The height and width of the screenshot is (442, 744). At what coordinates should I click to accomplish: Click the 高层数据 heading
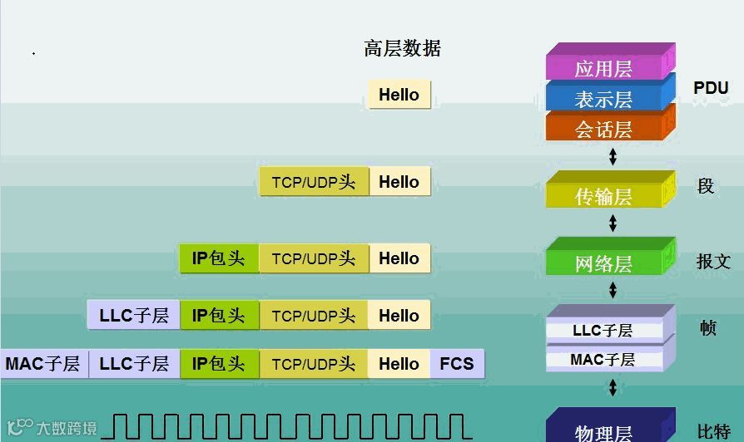point(402,49)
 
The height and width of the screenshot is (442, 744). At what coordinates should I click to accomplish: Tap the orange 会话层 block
point(603,130)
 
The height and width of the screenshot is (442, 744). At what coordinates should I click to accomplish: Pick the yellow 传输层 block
point(603,196)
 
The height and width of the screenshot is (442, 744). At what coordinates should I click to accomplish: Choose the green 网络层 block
point(603,263)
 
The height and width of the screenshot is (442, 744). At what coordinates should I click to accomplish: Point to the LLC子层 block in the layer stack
point(603,330)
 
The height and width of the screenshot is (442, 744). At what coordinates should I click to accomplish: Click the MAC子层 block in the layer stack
point(603,360)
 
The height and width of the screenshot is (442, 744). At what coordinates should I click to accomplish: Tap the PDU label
point(711,88)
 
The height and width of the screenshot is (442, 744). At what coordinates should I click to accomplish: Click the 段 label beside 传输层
point(706,186)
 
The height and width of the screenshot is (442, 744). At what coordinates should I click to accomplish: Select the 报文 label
point(713,262)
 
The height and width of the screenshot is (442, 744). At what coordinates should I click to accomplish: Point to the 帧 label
point(707,328)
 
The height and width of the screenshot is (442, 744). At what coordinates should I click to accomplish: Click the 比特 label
point(713,431)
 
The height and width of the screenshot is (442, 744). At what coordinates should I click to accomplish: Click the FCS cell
point(457,364)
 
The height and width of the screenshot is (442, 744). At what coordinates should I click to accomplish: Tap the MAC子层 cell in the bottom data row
point(42,364)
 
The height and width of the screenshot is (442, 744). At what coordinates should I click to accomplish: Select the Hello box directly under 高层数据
point(399,95)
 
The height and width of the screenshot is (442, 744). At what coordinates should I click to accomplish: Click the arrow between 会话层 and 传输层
point(613,156)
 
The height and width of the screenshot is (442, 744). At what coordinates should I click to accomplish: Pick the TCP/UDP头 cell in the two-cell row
point(314,183)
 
